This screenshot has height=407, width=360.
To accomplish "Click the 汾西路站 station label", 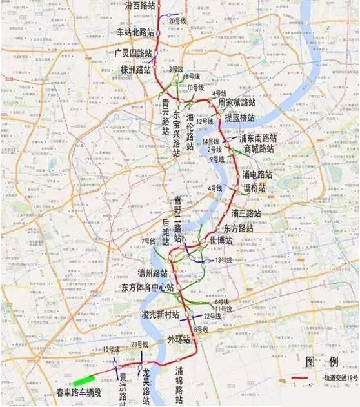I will click(134, 5).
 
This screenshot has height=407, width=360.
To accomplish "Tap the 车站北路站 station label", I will click(135, 32).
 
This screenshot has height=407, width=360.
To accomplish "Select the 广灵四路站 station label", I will click(134, 52).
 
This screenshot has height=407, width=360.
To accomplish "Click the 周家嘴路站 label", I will click(237, 103).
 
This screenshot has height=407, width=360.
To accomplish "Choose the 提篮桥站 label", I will click(239, 117).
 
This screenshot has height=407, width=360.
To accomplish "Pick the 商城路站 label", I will click(259, 149).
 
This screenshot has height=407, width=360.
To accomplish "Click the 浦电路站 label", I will click(257, 175).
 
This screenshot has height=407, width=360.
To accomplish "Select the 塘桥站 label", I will click(254, 188).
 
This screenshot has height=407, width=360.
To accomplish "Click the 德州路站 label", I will click(152, 273).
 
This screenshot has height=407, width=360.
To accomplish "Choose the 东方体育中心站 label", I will click(148, 287).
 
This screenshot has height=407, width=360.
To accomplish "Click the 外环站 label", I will click(179, 339).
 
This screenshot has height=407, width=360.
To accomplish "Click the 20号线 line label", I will click(177, 21).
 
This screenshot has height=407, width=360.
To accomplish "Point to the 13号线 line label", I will click(223, 260).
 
